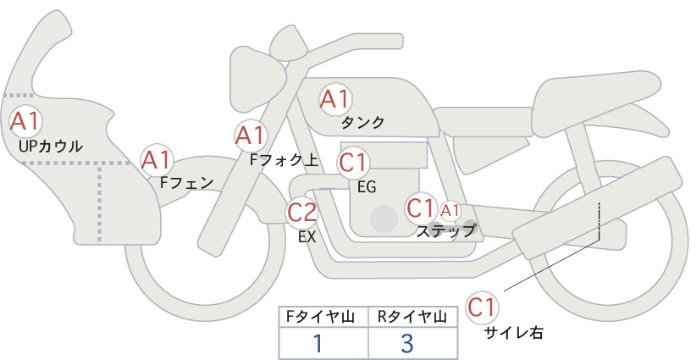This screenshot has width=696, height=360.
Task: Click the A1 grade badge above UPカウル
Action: point(25,122)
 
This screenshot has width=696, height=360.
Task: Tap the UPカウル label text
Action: point(51,147)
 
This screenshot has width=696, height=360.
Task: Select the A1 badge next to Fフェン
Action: point(157,160)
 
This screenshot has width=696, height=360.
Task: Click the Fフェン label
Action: point(186,183)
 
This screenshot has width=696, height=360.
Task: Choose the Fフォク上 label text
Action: point(284,160)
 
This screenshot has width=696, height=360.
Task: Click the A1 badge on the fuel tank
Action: point(335,99)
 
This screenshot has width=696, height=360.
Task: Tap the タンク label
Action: point(362,123)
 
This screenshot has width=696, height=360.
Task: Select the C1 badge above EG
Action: point(353,163)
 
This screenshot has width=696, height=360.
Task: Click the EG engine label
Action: point(367,187)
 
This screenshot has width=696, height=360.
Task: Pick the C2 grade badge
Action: point(302,212)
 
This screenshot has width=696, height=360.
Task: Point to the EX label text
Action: point(307,237)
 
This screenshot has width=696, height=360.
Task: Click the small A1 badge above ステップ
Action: point(450,211)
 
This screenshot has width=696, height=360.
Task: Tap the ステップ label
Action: point(445,231)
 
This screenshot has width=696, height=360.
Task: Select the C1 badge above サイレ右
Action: point(482,307)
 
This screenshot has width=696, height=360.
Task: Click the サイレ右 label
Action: point(513,333)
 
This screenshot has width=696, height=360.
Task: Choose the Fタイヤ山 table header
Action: point(320,317)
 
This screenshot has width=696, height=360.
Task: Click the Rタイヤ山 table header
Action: point(412,317)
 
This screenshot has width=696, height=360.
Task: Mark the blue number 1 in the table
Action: point(318,343)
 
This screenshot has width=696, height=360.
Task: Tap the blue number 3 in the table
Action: point(407,343)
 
